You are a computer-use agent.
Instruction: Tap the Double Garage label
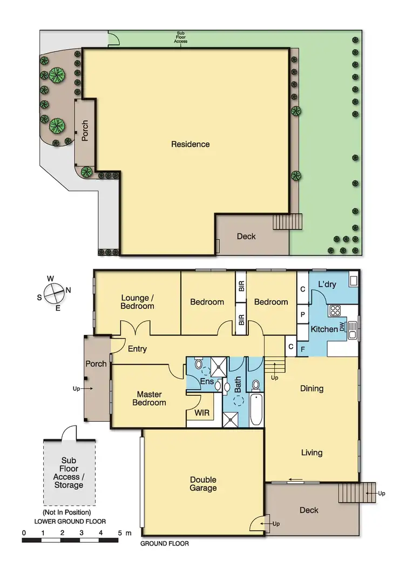[x=203, y=484]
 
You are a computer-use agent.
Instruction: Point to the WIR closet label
[x=202, y=414]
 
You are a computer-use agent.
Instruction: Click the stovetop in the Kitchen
[x=335, y=311]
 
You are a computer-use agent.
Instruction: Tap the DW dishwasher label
[x=342, y=327]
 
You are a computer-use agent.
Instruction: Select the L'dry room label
[x=327, y=285]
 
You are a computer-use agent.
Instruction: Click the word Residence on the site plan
[x=190, y=144]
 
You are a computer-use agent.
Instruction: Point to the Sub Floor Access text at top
[x=181, y=38]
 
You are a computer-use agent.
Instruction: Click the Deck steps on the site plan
[x=286, y=221]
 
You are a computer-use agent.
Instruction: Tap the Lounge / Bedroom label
[x=137, y=302]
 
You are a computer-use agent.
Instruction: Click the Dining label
[x=312, y=388]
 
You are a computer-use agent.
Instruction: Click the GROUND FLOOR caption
[x=165, y=544]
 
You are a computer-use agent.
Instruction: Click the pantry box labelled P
[x=303, y=313]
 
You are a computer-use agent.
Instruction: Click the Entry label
[x=137, y=349]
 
